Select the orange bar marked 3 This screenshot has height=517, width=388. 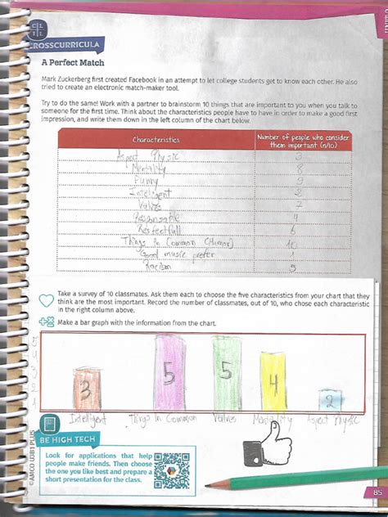(x=86, y=389)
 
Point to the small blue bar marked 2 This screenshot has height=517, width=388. (x=330, y=400)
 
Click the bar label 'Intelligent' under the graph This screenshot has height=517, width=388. (x=90, y=420)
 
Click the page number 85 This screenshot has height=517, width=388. (x=377, y=492)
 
